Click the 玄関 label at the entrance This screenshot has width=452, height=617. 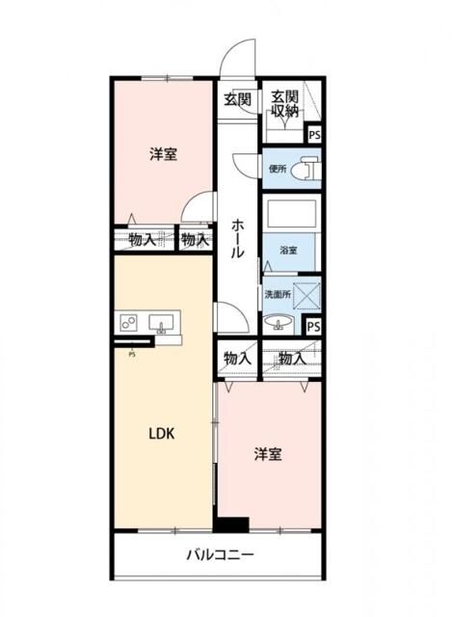(238, 98)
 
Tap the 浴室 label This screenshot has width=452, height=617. (288, 250)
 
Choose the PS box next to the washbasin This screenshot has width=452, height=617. (313, 326)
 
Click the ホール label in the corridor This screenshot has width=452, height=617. (238, 237)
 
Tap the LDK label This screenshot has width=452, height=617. (160, 433)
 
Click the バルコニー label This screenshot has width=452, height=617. (220, 555)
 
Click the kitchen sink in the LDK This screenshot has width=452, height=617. (162, 322)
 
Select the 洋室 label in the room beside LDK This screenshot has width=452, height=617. (268, 454)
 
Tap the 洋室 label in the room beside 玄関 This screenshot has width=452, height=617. (163, 154)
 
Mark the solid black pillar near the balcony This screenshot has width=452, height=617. (231, 524)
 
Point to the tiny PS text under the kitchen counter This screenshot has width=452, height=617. (131, 353)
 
